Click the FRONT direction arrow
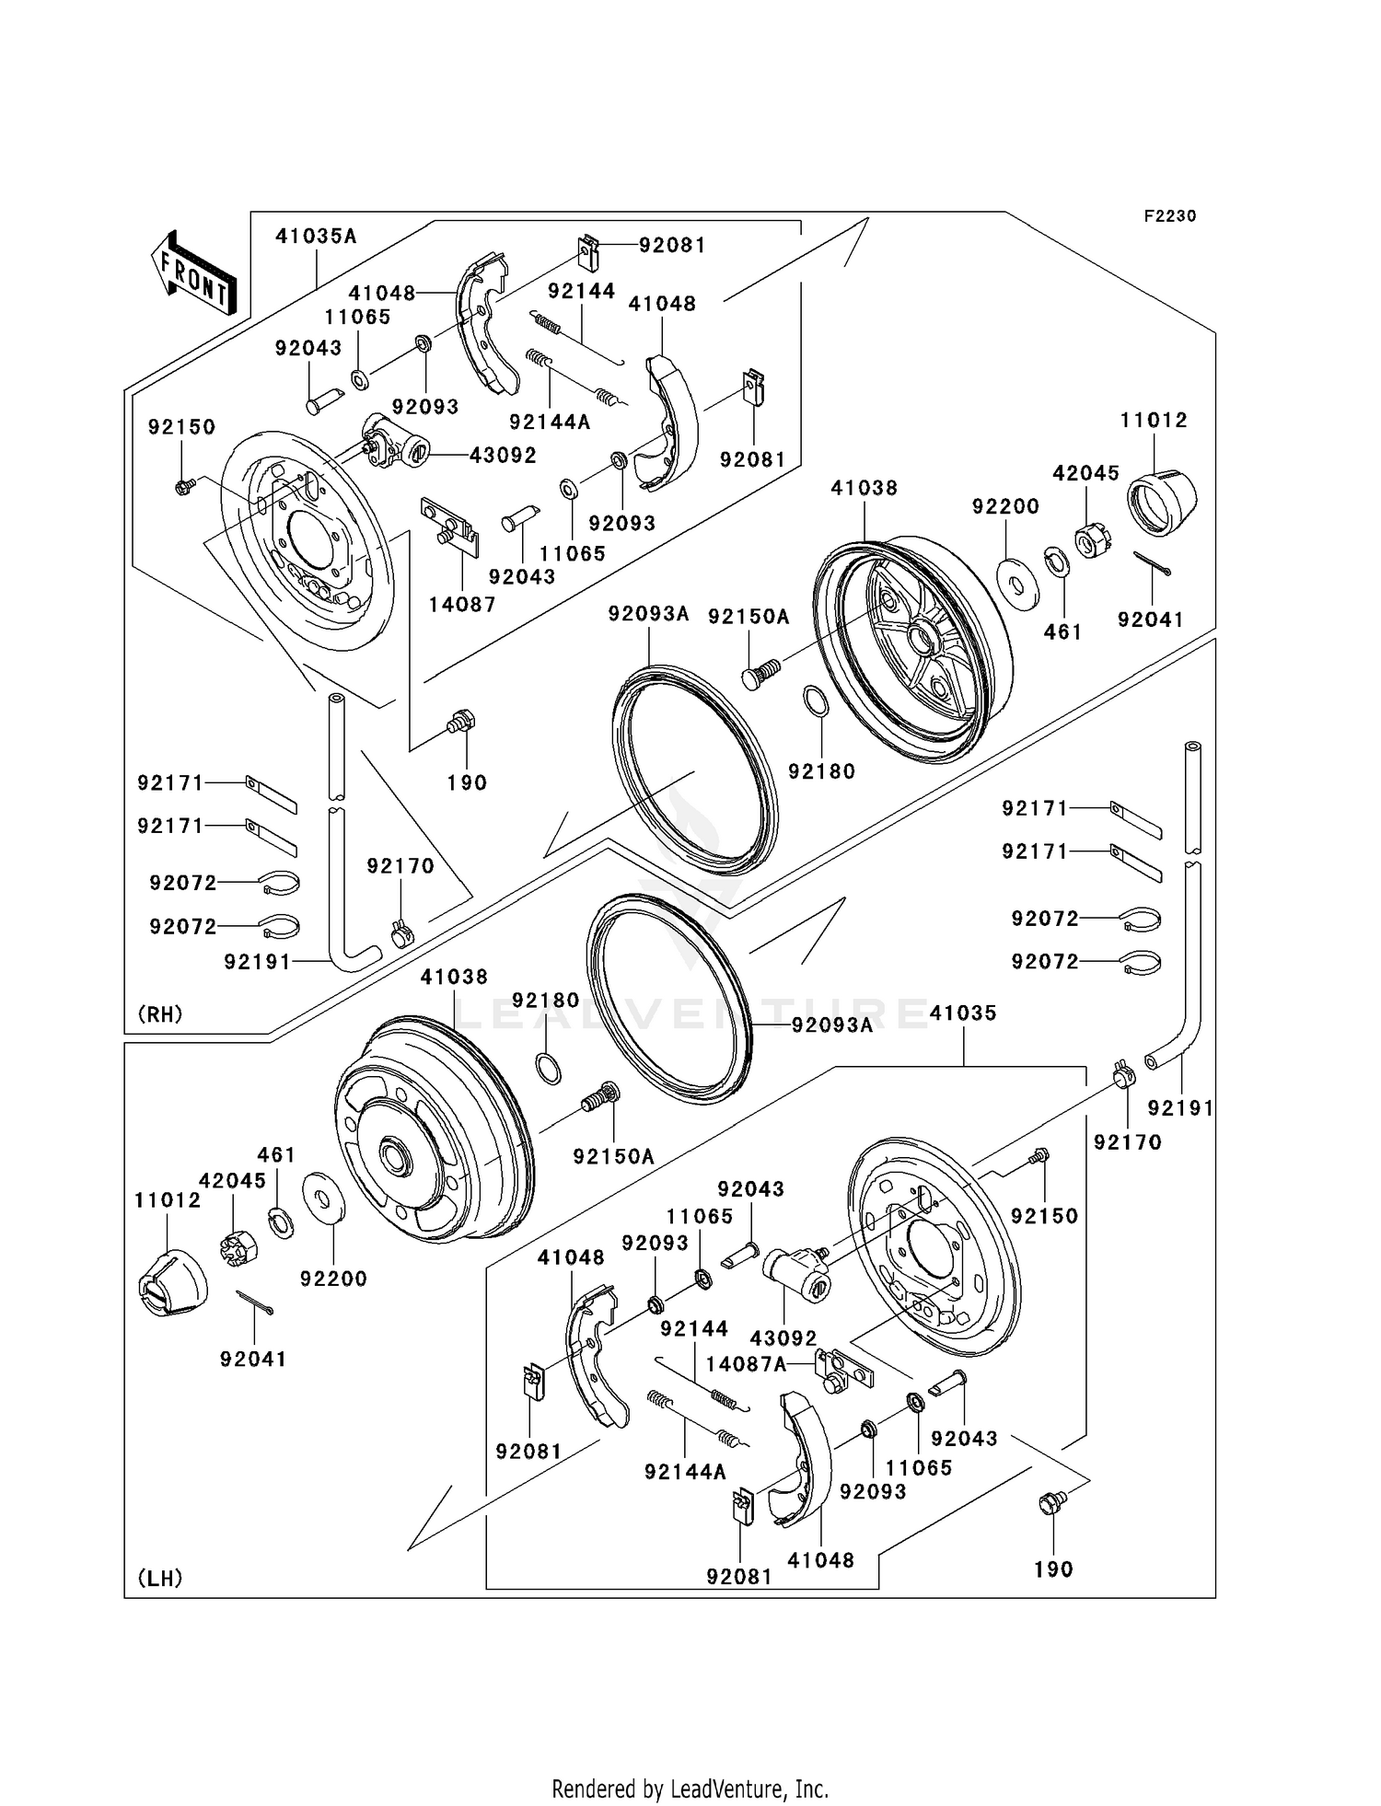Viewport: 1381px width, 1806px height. click(194, 273)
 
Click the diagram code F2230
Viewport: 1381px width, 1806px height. click(1169, 216)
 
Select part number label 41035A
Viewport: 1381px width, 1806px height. click(316, 237)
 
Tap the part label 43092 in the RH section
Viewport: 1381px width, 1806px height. click(503, 456)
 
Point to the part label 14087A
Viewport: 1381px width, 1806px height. click(746, 1364)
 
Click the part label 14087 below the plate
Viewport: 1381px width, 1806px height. click(462, 605)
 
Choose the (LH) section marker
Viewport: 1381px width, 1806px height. click(159, 1579)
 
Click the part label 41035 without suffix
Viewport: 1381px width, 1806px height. click(963, 1013)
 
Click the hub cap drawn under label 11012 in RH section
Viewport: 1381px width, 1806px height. click(1161, 502)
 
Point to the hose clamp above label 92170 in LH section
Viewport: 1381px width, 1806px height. click(1121, 1073)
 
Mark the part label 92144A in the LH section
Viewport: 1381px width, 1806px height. click(685, 1472)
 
